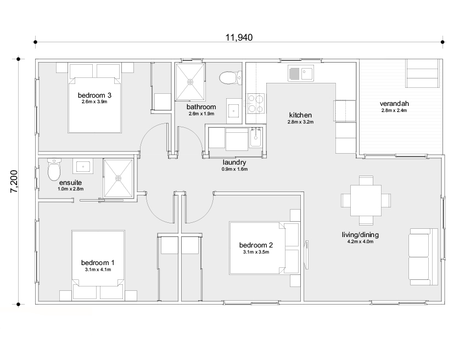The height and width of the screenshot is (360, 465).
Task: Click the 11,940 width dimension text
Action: tap(239, 38)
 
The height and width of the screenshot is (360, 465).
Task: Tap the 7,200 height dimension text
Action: tap(14, 182)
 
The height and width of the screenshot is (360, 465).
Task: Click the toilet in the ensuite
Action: tap(54, 170)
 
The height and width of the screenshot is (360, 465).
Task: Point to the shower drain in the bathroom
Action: tap(190, 82)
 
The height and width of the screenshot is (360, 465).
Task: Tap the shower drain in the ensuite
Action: tap(119, 178)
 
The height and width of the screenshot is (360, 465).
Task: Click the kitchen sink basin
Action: tap(307, 74)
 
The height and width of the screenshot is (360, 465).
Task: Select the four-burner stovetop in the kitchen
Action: tap(256, 104)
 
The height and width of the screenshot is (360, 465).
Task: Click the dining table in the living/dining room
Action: tap(366, 200)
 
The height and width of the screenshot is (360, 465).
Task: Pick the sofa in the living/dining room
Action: tap(423, 257)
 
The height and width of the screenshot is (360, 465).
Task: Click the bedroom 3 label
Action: tap(94, 95)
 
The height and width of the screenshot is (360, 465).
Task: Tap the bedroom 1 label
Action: tap(98, 263)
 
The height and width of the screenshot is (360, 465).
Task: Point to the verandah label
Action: tap(394, 104)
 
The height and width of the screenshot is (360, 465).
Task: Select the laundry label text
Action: tap(234, 162)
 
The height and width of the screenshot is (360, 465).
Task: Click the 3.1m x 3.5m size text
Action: tap(256, 252)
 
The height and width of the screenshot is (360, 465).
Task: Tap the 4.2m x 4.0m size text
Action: tap(360, 241)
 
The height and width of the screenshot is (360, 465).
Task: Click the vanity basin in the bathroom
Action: tap(234, 111)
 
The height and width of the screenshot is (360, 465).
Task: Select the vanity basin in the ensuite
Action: tap(83, 166)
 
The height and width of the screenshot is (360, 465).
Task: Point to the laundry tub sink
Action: tap(255, 137)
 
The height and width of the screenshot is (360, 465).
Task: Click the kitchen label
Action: tap(300, 115)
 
